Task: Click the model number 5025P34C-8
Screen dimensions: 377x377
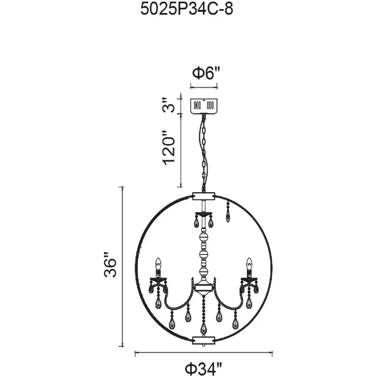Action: tap(187, 10)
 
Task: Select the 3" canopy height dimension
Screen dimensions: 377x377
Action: tap(168, 105)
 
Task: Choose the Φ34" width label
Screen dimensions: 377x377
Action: tap(203, 369)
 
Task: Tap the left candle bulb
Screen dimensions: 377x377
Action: tap(158, 264)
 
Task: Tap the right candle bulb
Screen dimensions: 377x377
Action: tap(249, 264)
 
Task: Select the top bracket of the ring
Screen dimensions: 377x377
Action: tap(204, 195)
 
